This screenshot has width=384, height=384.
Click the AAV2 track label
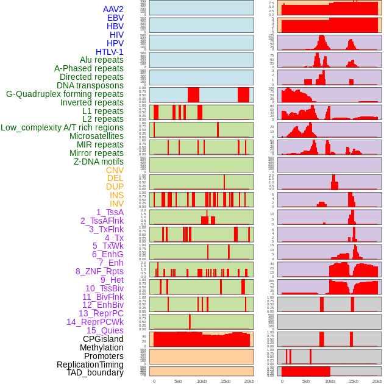(113, 10)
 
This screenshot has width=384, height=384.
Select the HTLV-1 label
(110, 52)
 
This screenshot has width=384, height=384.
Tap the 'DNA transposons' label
(90, 85)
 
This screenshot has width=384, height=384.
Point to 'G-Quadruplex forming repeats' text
(65, 94)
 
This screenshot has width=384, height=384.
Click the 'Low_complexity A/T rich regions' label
(62, 127)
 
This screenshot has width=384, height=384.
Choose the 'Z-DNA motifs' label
(99, 162)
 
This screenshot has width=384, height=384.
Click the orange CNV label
(115, 170)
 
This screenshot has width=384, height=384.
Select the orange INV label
(116, 204)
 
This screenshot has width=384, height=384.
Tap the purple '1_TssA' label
(110, 212)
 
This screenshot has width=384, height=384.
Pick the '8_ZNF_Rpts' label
(99, 271)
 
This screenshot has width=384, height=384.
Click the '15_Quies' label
(105, 330)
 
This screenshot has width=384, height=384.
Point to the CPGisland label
(103, 339)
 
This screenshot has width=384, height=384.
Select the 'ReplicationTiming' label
(90, 364)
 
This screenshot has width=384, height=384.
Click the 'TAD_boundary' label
(95, 372)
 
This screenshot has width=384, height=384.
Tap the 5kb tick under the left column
(178, 381)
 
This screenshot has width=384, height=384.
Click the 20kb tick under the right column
(377, 381)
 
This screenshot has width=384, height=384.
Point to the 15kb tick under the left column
(226, 381)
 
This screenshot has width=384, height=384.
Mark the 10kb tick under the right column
(330, 381)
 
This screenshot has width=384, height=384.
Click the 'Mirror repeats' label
(96, 153)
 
